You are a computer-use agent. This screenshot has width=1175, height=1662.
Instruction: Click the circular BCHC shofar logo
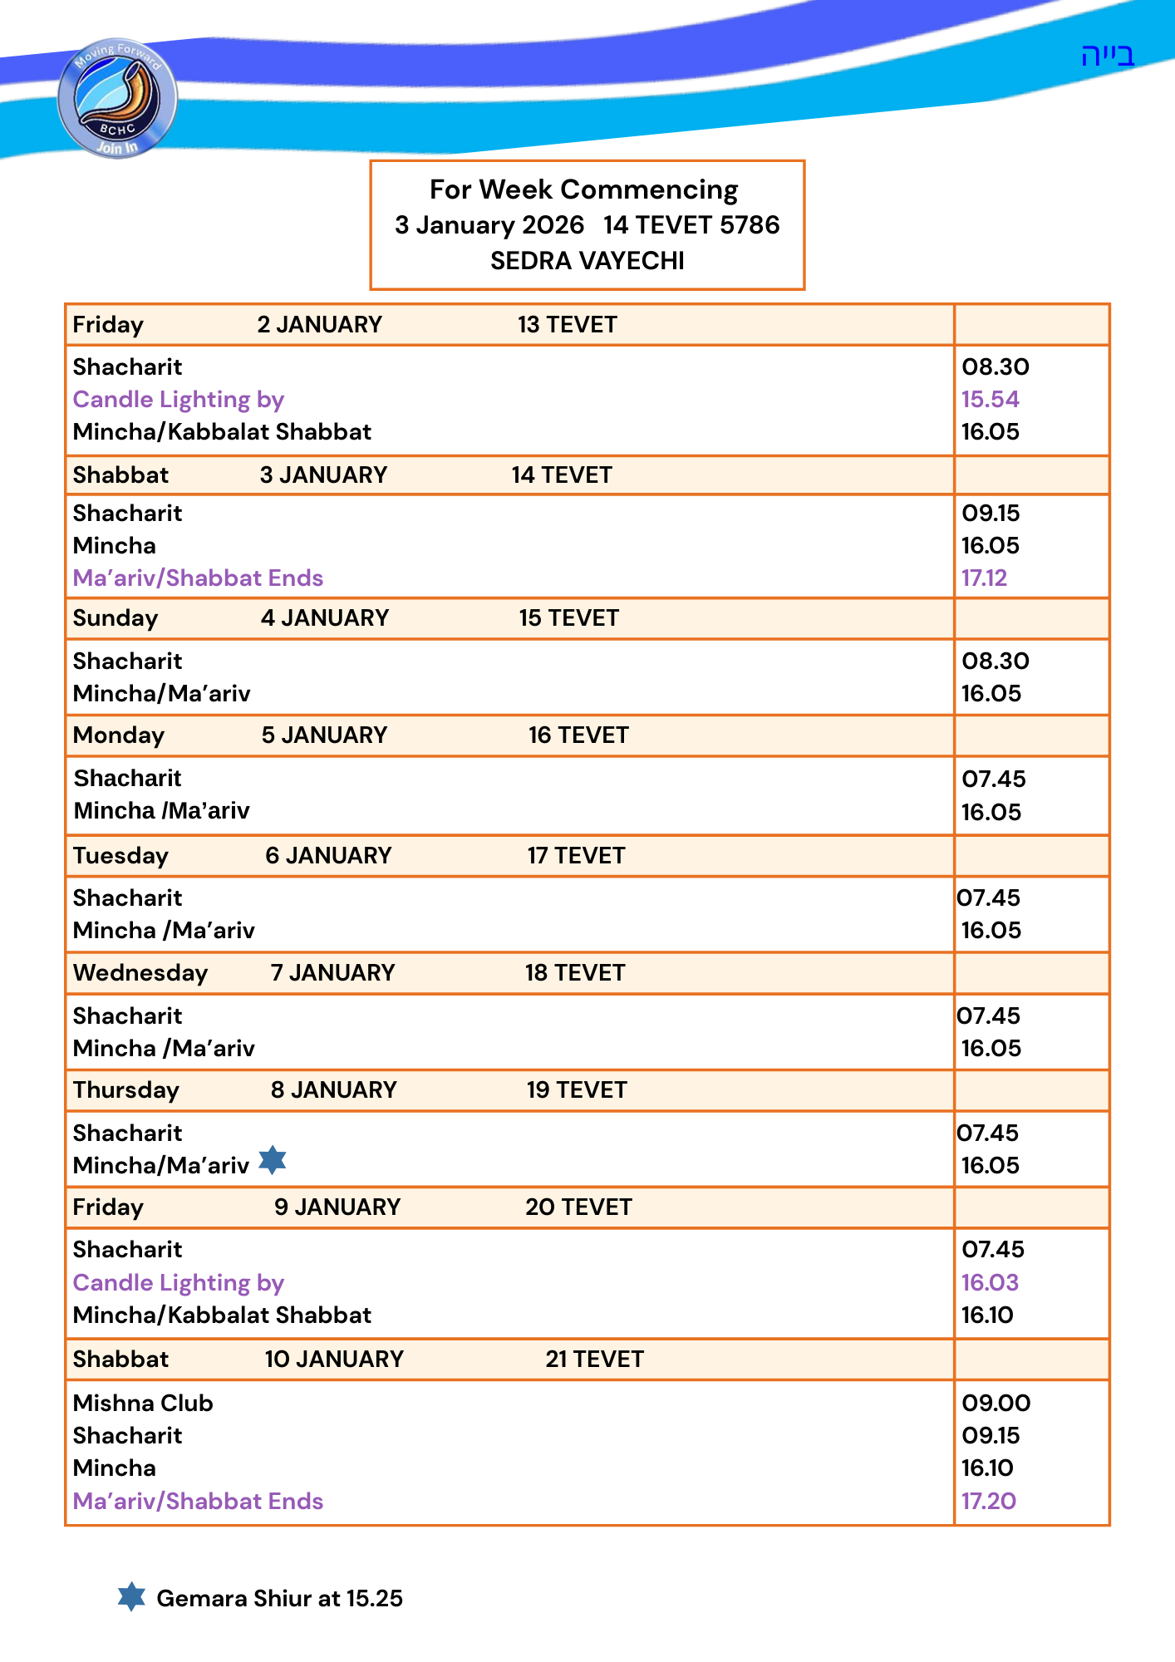click(117, 98)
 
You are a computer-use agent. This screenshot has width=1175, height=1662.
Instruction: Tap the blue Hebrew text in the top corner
click(1107, 56)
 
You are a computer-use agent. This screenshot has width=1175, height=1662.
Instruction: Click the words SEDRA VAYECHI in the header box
click(587, 261)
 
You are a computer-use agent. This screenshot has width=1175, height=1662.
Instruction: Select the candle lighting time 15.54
click(990, 400)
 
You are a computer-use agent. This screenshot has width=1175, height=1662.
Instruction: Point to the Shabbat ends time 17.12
click(984, 578)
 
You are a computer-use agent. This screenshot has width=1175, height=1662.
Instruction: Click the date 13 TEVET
click(567, 325)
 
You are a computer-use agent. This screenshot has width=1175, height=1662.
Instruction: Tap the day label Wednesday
click(140, 973)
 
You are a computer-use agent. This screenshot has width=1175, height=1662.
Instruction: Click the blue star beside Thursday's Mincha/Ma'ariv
click(272, 1160)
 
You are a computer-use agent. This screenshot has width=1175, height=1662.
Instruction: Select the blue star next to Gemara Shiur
click(131, 1596)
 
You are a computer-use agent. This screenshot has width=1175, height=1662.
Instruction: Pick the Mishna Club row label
click(143, 1404)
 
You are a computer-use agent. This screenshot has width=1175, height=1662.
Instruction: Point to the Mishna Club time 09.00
click(996, 1404)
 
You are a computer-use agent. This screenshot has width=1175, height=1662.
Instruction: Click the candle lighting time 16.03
click(990, 1283)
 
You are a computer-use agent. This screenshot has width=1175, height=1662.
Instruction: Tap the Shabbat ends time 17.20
click(988, 1502)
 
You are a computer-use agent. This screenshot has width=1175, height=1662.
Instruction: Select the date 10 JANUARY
click(334, 1360)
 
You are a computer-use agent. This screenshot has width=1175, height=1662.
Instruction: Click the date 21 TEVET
click(594, 1360)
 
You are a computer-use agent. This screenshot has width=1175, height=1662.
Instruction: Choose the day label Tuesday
click(120, 856)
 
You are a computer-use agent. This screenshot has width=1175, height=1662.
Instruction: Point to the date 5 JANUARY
click(324, 735)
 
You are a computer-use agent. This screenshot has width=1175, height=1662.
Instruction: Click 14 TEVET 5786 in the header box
click(691, 225)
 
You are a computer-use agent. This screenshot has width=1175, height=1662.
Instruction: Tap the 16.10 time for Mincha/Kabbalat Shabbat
click(987, 1315)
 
